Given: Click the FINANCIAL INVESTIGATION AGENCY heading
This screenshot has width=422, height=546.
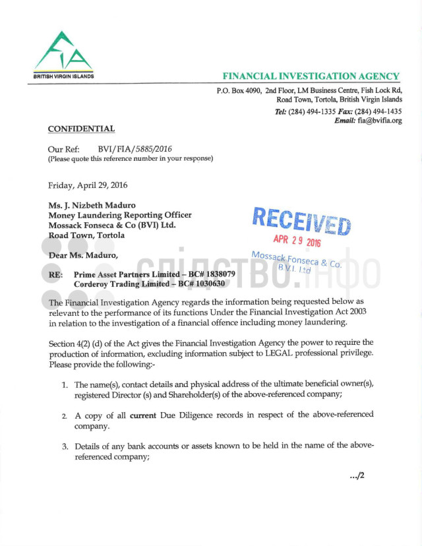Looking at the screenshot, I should pos(311,76).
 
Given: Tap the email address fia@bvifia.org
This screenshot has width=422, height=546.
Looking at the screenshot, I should pos(380,121).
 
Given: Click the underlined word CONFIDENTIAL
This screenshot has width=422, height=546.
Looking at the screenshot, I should pos(81,129).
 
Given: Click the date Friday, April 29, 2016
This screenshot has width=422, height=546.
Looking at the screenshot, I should pos(88,185).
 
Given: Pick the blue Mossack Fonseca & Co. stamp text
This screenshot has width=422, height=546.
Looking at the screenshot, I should pos(296,259).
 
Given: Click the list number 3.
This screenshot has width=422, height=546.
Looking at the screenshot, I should pos(65,446).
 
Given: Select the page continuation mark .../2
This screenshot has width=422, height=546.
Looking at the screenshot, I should pos(357,475).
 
